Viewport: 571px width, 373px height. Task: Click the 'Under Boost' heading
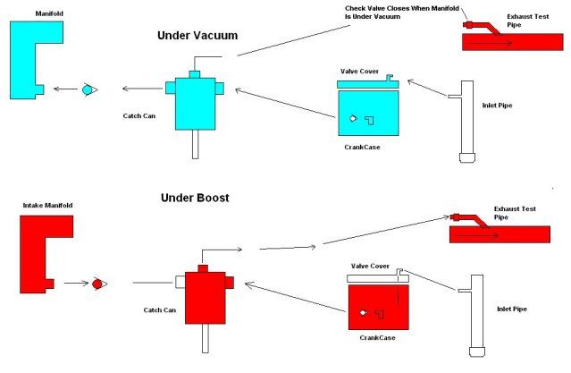click(195, 197)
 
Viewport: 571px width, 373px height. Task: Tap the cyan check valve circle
click(88, 89)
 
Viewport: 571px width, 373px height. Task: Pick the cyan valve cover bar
click(365, 83)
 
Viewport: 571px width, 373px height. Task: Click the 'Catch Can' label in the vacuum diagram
click(142, 116)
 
